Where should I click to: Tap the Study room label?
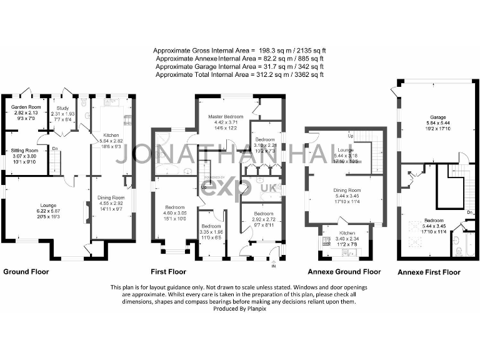(x=62, y=107)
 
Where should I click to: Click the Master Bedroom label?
(x=225, y=117)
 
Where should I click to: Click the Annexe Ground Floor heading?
(x=344, y=272)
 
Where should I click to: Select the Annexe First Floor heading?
(x=429, y=272)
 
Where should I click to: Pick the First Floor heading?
(x=169, y=272)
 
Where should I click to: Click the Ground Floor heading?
(x=26, y=272)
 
